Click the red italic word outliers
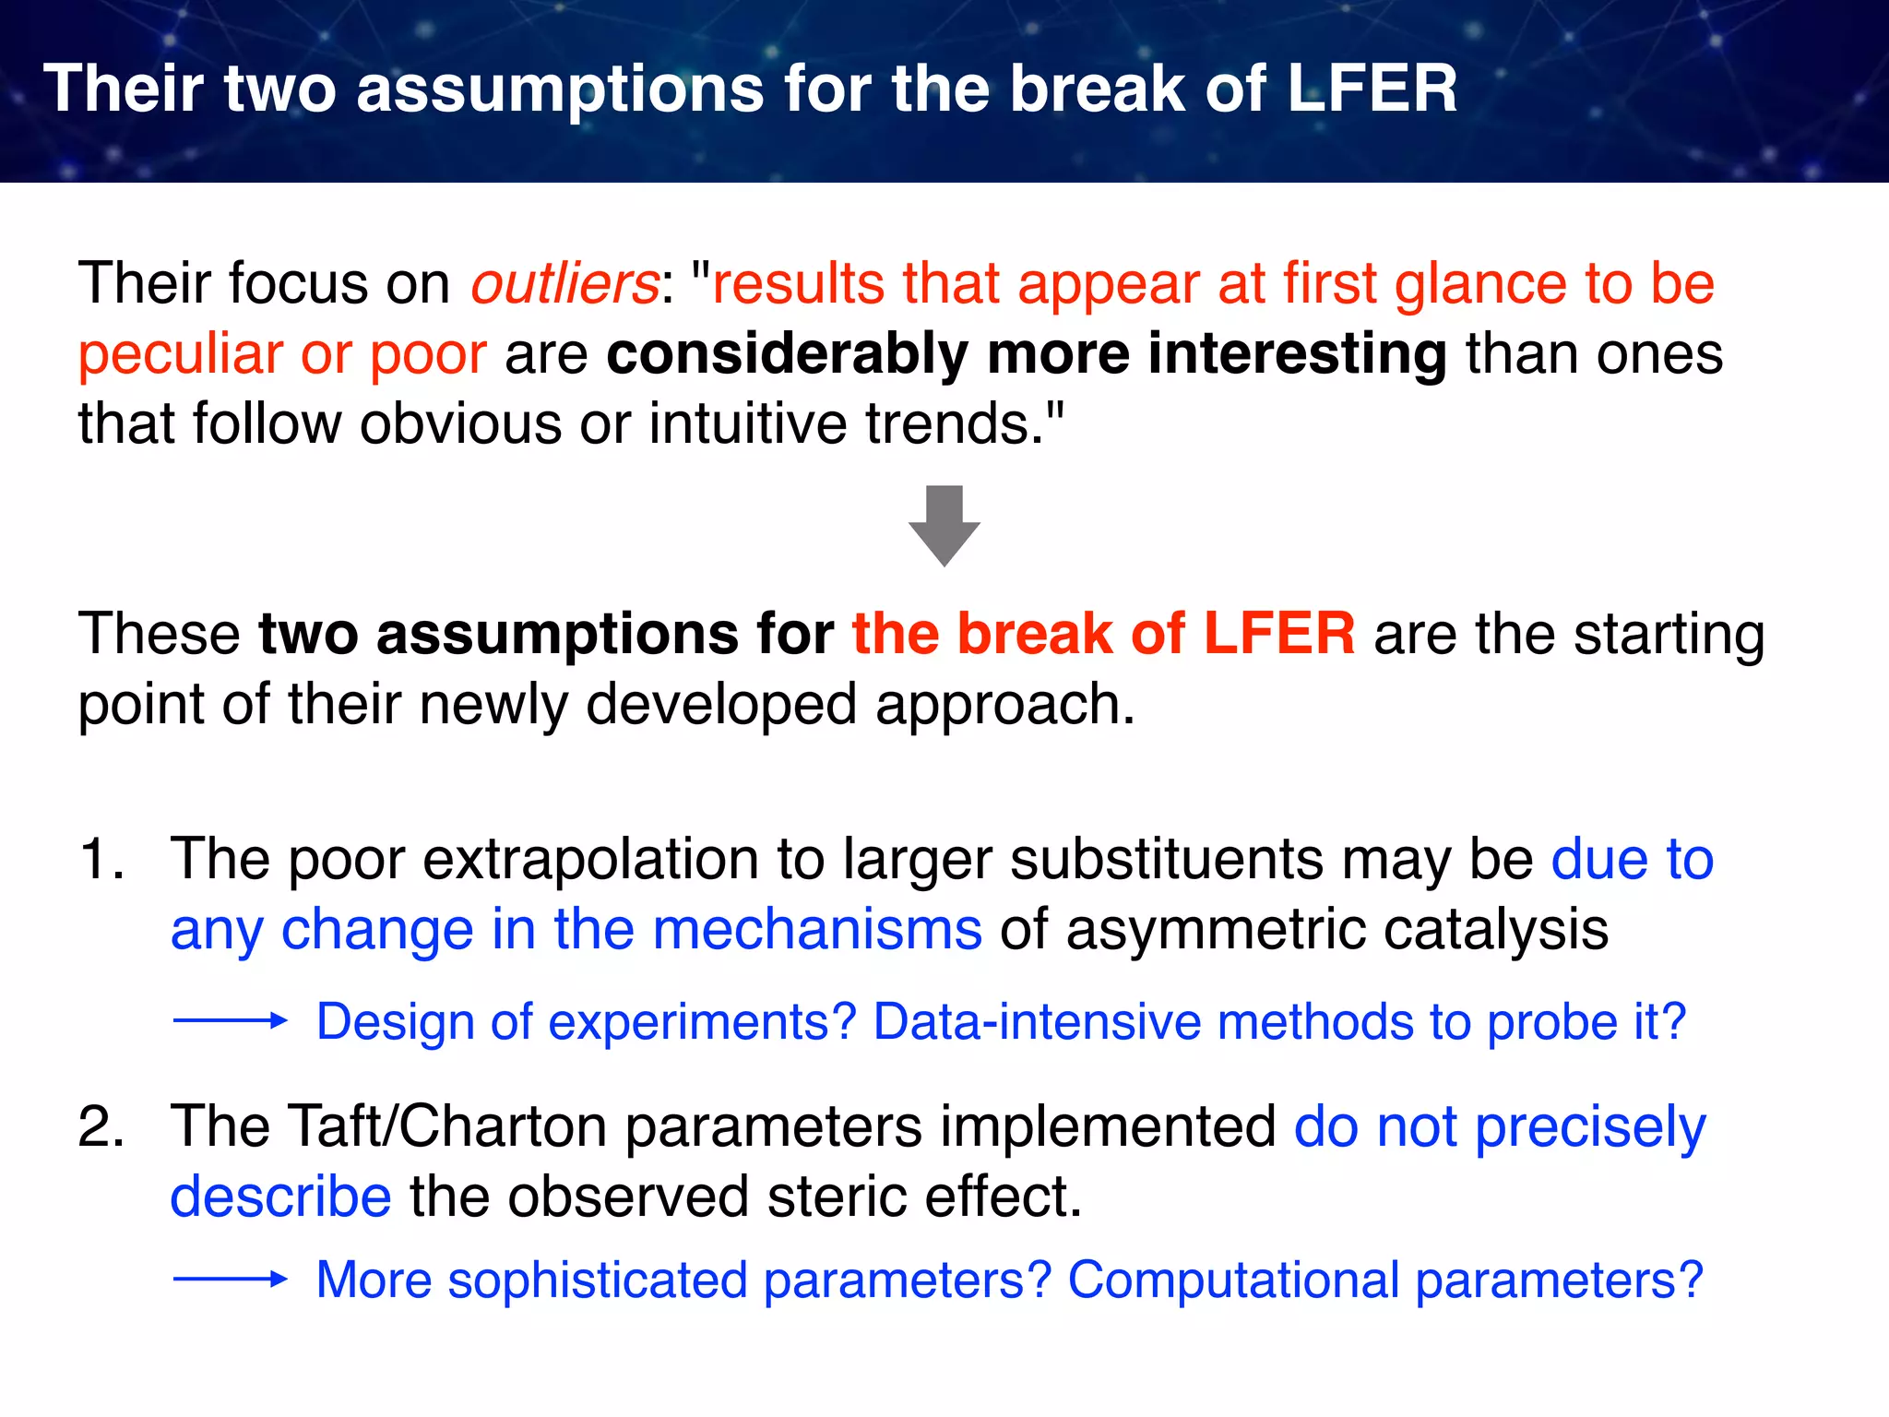(x=564, y=283)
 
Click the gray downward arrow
(x=944, y=526)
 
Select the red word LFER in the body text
(x=1279, y=634)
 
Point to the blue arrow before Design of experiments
(x=231, y=1020)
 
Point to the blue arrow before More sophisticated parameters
(x=231, y=1279)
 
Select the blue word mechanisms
(x=817, y=929)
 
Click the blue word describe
(x=280, y=1197)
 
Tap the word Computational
(x=1233, y=1280)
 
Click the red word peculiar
(x=180, y=354)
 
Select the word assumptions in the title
(x=560, y=89)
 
